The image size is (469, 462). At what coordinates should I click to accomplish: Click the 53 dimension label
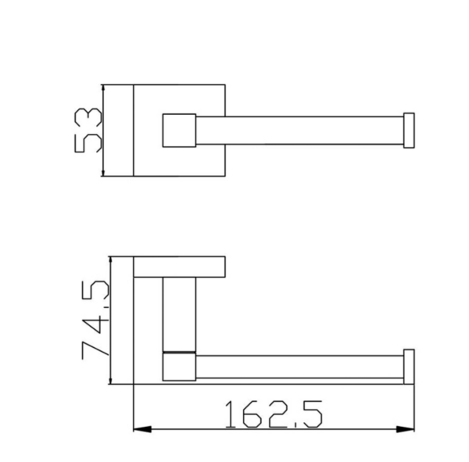[88, 131]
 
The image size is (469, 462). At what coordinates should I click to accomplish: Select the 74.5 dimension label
[95, 319]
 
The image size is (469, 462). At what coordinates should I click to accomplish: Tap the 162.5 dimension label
[274, 414]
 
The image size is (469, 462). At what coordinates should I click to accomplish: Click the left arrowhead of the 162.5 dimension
[142, 429]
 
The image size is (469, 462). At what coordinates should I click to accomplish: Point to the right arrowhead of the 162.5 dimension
[405, 429]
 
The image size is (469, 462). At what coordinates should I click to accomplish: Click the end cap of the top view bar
[409, 131]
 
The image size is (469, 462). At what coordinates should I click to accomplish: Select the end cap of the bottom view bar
[409, 367]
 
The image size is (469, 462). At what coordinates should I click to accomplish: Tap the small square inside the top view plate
[179, 131]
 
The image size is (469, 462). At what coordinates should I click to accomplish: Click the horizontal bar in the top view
[299, 131]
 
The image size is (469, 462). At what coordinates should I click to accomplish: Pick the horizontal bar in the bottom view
[299, 367]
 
